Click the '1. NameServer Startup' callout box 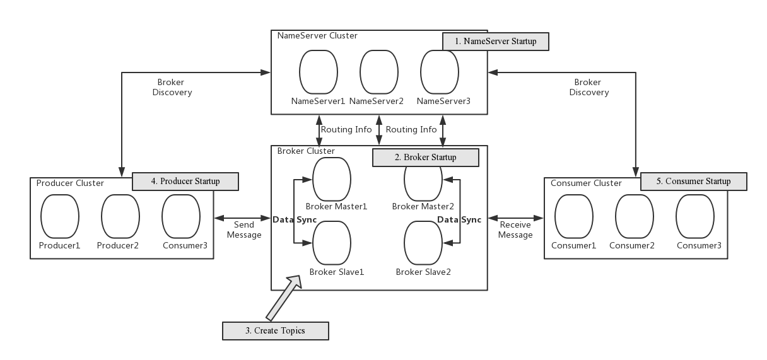click(495, 42)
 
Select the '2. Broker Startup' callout click(425, 157)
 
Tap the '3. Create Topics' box click(276, 330)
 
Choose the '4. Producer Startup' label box click(185, 182)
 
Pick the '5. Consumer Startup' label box click(693, 182)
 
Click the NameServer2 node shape click(378, 72)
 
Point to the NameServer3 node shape click(440, 72)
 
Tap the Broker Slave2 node click(423, 242)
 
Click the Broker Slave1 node click(332, 242)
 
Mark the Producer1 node click(60, 216)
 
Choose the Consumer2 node click(635, 216)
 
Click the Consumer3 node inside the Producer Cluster click(181, 216)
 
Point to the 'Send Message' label click(243, 229)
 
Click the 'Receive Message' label click(516, 229)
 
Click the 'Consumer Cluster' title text click(586, 183)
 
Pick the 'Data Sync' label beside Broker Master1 click(295, 219)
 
